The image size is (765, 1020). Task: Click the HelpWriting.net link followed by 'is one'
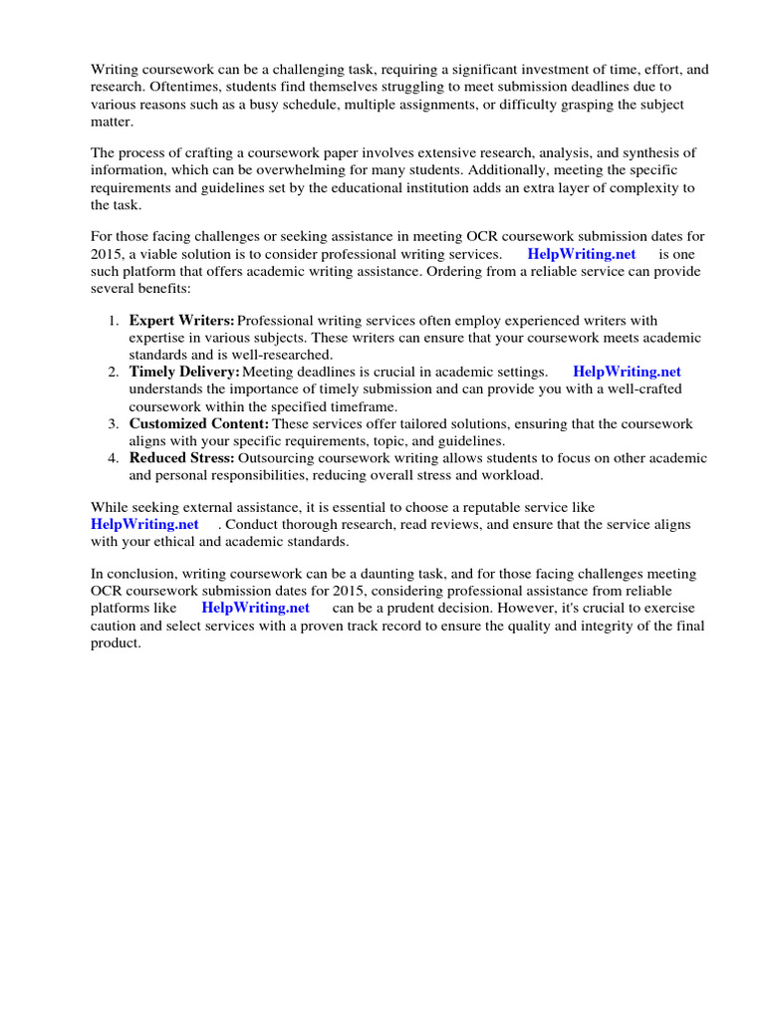tap(581, 254)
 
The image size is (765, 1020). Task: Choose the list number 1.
tap(113, 321)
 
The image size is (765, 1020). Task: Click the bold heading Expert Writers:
tap(181, 321)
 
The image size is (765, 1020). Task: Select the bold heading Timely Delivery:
tap(184, 372)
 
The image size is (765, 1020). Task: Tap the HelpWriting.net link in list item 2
tap(627, 372)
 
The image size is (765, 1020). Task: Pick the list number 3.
tap(113, 423)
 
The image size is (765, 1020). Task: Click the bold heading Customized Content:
tap(199, 423)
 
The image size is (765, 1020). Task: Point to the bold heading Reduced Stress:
tap(181, 458)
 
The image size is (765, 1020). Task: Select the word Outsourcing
tap(279, 458)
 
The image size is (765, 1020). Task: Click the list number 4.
tap(113, 458)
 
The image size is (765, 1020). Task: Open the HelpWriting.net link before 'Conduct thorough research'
tap(144, 525)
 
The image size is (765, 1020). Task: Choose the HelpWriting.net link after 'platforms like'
tap(255, 608)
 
